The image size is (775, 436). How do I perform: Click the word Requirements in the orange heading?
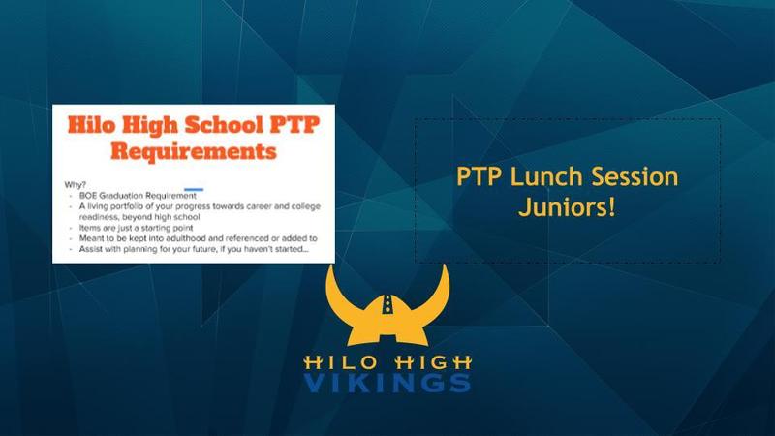pos(193,151)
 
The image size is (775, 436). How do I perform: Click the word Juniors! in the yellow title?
pos(567,206)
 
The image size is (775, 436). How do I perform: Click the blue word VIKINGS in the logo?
pos(387,382)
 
